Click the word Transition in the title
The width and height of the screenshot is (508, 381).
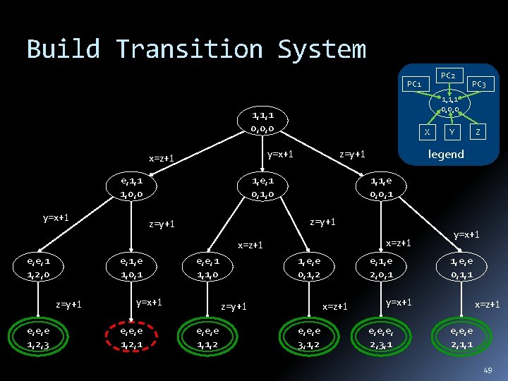tap(189, 49)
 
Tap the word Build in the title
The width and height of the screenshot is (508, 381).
tap(64, 49)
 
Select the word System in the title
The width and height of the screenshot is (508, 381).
tap(322, 49)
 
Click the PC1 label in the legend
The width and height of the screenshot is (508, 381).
tap(413, 85)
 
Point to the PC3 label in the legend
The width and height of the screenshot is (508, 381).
tap(479, 85)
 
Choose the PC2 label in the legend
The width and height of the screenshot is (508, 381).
tap(447, 74)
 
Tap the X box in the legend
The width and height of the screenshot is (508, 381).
tap(426, 131)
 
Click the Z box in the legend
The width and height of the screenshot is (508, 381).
tap(478, 131)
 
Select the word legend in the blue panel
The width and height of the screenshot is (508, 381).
tap(447, 154)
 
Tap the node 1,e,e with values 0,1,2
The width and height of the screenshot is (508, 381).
tap(309, 265)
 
